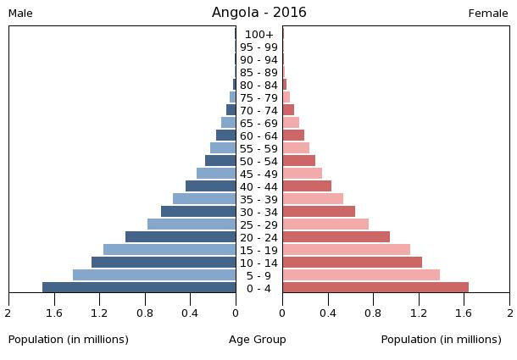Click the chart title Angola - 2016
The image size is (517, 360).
click(x=258, y=13)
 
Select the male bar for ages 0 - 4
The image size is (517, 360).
click(x=139, y=288)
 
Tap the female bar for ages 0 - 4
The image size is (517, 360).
click(x=375, y=288)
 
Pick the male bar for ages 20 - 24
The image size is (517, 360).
click(x=181, y=237)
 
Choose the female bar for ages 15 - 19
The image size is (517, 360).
click(x=347, y=250)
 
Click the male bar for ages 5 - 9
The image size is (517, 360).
click(x=154, y=275)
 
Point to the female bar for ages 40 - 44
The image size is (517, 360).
click(x=307, y=186)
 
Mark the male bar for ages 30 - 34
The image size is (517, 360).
click(x=198, y=212)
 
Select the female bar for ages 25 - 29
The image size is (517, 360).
click(x=325, y=224)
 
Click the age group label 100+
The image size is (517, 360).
click(x=258, y=35)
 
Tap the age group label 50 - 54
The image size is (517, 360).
click(x=258, y=162)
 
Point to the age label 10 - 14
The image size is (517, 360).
click(x=258, y=263)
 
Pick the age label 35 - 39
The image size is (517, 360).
click(x=258, y=200)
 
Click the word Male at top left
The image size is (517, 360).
click(x=20, y=14)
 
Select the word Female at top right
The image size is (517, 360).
click(x=488, y=14)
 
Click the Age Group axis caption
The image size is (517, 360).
click(x=258, y=340)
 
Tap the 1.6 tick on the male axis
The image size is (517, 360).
click(x=54, y=313)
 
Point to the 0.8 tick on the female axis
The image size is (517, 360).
click(x=373, y=313)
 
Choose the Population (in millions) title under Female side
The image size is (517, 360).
click(x=441, y=340)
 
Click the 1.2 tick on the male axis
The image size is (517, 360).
click(x=100, y=313)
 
